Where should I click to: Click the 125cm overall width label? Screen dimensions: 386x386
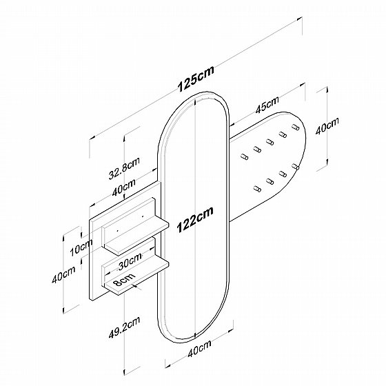click(x=196, y=79)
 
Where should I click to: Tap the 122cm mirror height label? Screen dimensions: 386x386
click(x=195, y=220)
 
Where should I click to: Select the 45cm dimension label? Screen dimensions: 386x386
click(x=267, y=105)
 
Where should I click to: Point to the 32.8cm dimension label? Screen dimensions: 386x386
click(x=124, y=168)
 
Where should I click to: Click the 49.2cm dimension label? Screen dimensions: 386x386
click(x=124, y=327)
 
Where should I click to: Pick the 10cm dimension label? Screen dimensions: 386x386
click(x=81, y=247)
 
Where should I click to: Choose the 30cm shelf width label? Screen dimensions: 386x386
click(x=130, y=261)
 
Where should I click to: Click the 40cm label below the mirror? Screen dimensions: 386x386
click(x=199, y=348)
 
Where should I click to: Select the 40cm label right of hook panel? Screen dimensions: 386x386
click(x=327, y=125)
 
